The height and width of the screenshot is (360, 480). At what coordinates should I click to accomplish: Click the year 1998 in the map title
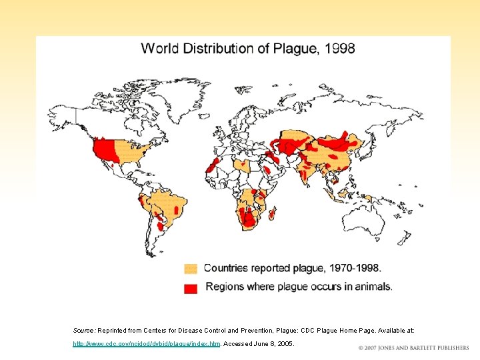click(339, 49)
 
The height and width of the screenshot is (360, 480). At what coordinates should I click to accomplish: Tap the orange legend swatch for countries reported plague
click(191, 269)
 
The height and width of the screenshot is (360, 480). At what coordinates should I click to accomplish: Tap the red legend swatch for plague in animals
click(191, 288)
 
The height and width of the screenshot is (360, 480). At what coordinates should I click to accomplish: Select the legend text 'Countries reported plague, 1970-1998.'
click(292, 268)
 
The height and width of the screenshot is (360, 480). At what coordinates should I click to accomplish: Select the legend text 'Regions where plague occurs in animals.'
click(299, 287)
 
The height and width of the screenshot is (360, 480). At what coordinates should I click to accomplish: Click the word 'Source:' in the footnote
click(84, 330)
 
